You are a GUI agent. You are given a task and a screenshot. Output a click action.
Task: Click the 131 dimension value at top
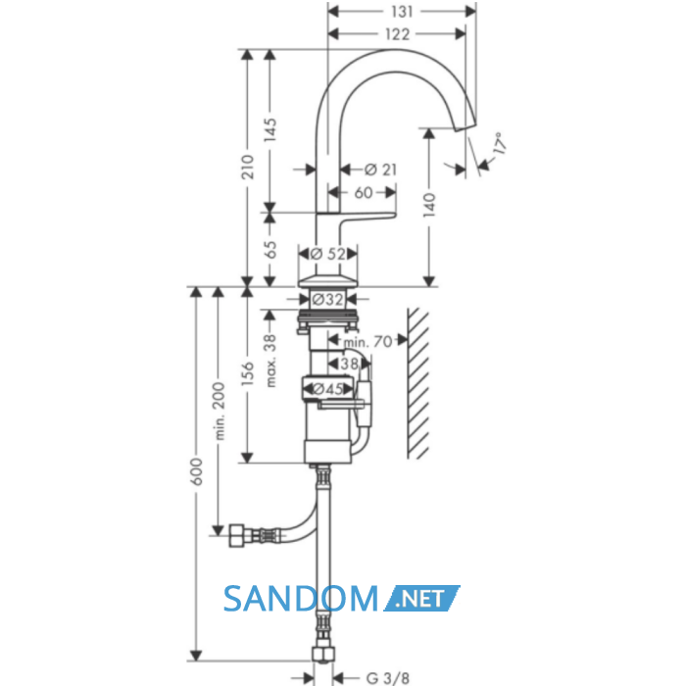click(402, 12)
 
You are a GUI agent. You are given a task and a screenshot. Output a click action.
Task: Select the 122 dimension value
click(397, 34)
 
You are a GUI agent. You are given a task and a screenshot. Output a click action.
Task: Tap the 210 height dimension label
click(248, 167)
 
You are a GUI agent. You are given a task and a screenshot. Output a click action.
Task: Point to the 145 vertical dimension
click(270, 129)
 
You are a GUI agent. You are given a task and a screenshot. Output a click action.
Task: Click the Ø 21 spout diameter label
click(380, 170)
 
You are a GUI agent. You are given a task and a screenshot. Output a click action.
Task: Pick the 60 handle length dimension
click(364, 192)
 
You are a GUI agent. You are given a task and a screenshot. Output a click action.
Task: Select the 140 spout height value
click(429, 205)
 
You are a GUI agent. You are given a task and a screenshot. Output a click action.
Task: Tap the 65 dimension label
click(271, 250)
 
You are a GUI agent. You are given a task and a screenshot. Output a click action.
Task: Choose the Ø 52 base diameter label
click(327, 254)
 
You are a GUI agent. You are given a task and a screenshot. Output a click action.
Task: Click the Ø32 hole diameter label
click(328, 300)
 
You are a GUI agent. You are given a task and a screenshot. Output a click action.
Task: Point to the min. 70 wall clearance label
click(368, 342)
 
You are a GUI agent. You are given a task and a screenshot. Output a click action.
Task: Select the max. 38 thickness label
click(271, 361)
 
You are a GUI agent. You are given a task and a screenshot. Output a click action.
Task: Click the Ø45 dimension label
click(328, 389)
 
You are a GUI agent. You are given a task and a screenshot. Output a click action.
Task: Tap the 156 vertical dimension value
click(248, 373)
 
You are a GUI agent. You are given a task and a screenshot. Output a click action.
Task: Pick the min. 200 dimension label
click(220, 412)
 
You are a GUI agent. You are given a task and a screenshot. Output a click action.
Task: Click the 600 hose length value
click(197, 471)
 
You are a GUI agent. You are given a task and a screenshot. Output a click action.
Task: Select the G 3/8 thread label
click(388, 678)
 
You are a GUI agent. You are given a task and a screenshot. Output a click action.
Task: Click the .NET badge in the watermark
click(421, 598)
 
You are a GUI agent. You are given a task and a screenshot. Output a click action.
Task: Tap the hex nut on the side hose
click(237, 535)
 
